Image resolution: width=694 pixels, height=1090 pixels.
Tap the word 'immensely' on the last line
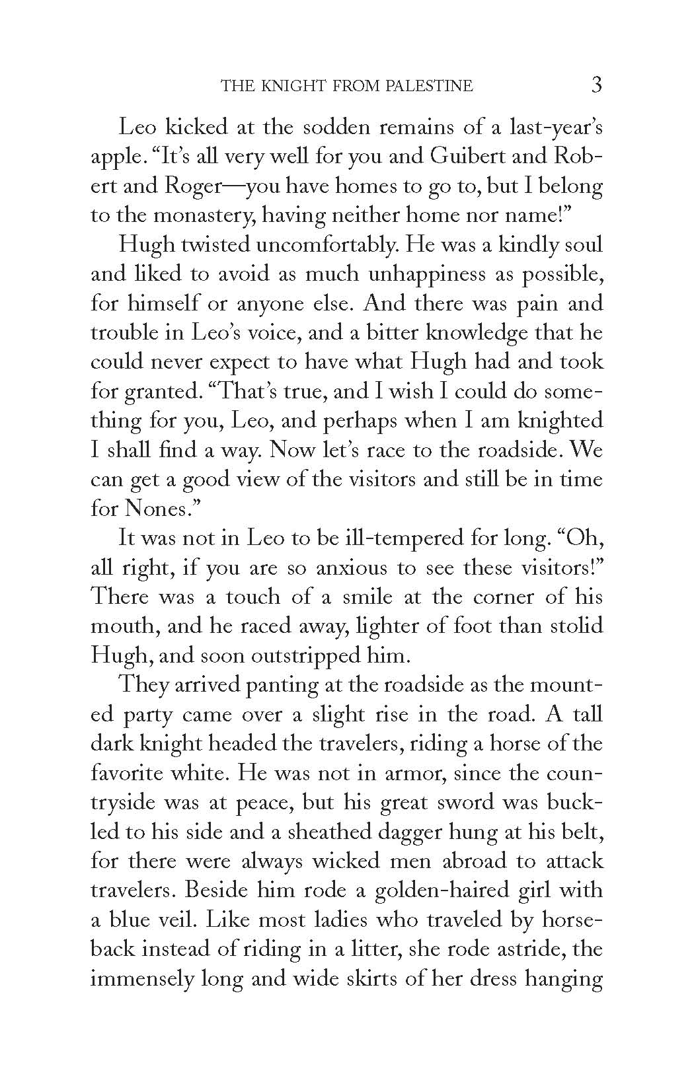point(141,978)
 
